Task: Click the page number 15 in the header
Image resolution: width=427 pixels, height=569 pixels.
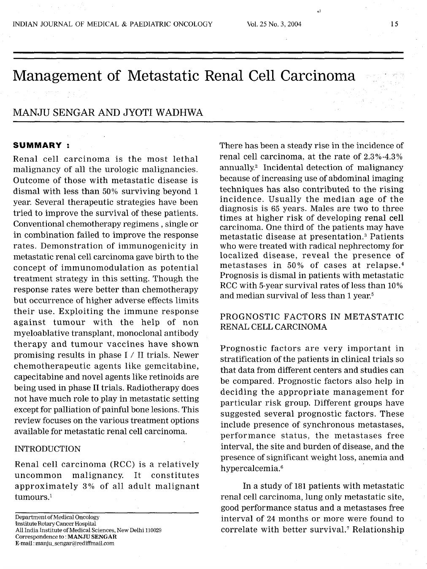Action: [394, 24]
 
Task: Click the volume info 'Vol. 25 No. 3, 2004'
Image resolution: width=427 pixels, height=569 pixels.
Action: [274, 24]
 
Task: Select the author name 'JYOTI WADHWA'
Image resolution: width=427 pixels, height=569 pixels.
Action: [162, 112]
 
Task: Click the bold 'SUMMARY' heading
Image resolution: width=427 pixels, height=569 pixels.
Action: [38, 146]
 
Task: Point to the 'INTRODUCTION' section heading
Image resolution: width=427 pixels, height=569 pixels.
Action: [47, 449]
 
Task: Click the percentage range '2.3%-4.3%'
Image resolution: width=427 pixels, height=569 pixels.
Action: [383, 157]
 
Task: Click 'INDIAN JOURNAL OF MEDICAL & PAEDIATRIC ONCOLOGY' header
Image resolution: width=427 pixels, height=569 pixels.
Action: [113, 24]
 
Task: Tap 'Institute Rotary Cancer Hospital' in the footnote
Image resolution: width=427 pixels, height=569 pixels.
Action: [56, 524]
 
